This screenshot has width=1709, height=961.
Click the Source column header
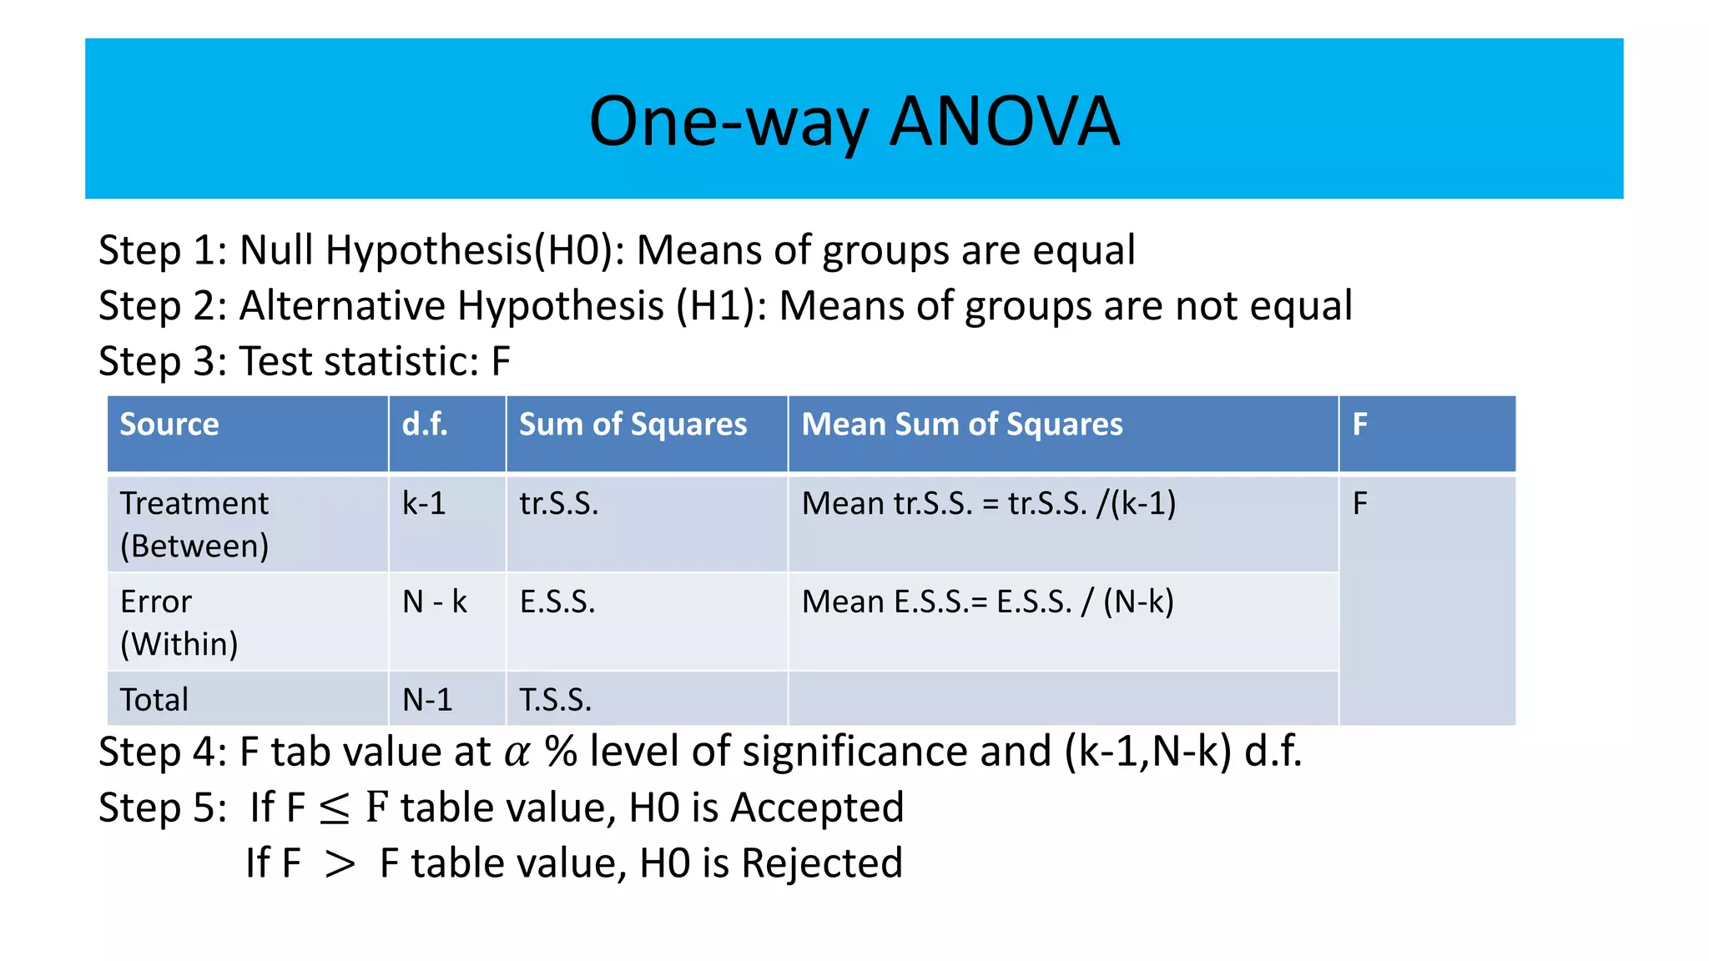pos(169,425)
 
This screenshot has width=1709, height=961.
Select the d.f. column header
pos(425,425)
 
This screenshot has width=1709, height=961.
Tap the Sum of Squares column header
pos(633,425)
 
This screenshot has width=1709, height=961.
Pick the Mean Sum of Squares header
pos(962,425)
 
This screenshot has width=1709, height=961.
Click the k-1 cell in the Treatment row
pos(424,504)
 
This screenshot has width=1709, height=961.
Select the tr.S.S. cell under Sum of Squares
pos(559,504)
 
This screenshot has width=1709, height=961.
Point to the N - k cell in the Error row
pos(435,601)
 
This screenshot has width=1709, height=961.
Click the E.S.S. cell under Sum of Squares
pos(557,601)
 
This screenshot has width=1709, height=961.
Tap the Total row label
pos(154,700)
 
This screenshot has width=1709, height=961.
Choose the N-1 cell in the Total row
pos(427,700)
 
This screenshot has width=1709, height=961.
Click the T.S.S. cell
pos(556,700)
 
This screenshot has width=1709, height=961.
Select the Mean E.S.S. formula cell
pos(987,601)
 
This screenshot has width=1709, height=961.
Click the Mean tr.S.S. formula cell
pos(989,504)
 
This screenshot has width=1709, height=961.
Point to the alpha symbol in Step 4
pos(517,753)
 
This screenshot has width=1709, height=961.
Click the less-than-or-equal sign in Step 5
pos(335,809)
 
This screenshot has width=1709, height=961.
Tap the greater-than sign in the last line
pos(340,864)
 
